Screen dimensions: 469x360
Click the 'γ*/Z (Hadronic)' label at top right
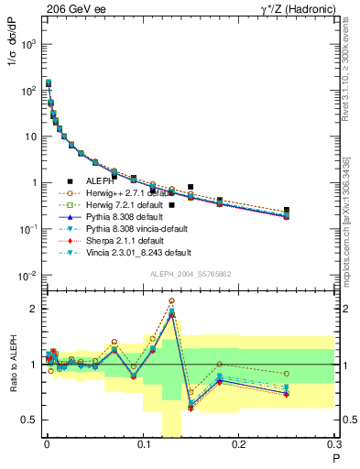pos(293,7)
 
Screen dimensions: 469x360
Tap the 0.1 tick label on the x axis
pos(143,446)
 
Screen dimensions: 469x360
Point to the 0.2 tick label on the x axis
pos(239,446)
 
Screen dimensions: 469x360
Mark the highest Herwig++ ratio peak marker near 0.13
pos(171,300)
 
